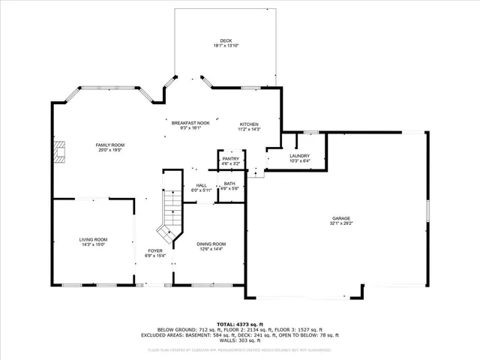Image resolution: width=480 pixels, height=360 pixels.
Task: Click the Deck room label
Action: click(226, 40)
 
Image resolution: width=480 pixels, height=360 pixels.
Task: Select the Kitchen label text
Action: click(249, 124)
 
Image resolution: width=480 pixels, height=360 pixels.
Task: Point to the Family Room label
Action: click(109, 144)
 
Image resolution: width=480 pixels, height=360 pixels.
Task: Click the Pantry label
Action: click(231, 158)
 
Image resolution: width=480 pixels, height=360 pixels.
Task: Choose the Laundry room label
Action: click(299, 155)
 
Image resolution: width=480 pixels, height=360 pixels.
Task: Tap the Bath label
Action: click(229, 183)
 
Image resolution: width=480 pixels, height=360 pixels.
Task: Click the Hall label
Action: click(202, 185)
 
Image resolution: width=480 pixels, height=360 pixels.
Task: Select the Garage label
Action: click(340, 219)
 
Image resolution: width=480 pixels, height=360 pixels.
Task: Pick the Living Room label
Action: click(93, 239)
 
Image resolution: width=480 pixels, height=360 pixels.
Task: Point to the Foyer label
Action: click(154, 250)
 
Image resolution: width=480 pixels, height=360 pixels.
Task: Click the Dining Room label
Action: click(211, 244)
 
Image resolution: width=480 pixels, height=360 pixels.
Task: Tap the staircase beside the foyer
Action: click(172, 210)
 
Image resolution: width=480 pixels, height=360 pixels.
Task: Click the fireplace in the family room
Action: click(59, 153)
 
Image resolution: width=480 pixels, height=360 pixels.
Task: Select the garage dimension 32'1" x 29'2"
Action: click(340, 223)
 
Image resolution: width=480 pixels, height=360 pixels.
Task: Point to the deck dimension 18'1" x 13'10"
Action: click(226, 46)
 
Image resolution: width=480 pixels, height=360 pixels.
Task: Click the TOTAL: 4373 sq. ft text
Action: click(239, 323)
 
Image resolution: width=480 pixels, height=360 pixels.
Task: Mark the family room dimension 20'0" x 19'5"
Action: click(109, 149)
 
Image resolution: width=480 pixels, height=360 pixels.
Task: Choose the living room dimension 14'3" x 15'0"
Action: click(93, 244)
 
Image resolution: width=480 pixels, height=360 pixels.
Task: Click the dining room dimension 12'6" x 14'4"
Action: click(211, 249)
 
